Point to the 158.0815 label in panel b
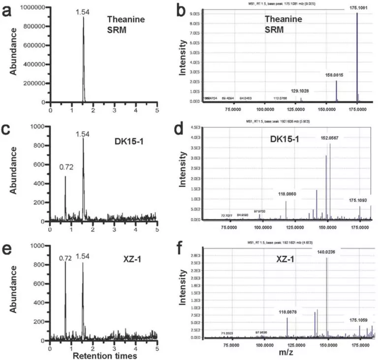336,75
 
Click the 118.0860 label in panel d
286,194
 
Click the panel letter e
8,247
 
